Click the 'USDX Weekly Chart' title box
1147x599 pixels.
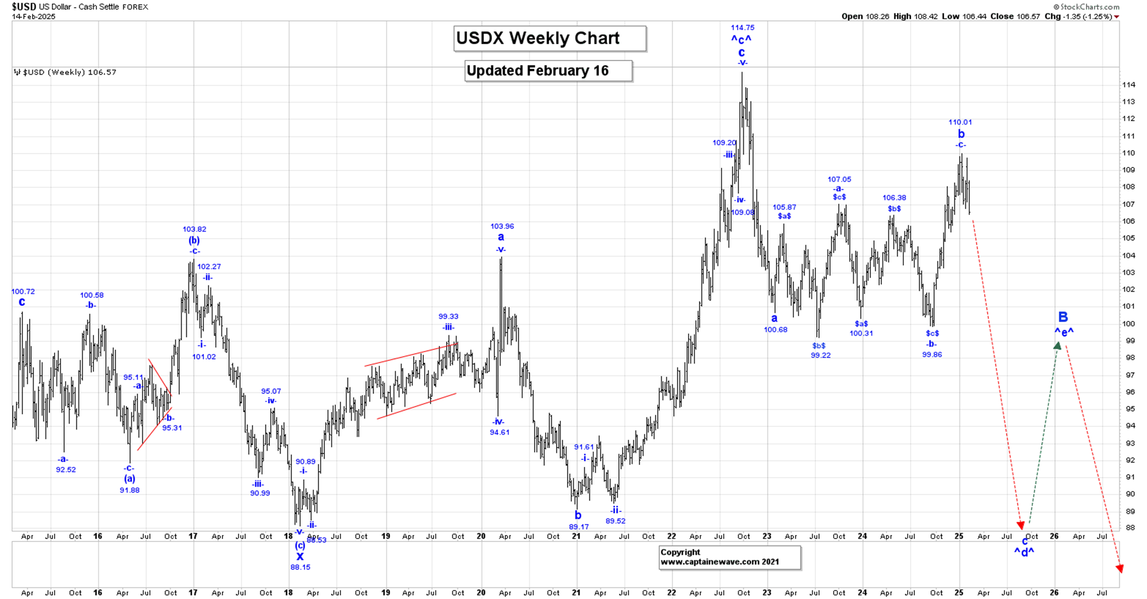pos(549,39)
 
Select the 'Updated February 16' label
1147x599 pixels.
pos(548,71)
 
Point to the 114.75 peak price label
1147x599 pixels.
pos(742,28)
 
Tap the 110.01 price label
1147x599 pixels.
pos(960,122)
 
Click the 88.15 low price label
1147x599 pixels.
pos(300,567)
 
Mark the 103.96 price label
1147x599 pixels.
pos(502,226)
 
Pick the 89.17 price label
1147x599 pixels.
pos(578,526)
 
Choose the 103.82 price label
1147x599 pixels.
pos(194,229)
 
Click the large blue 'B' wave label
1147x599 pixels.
pos(1063,317)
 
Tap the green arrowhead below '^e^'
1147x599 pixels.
pos(1057,346)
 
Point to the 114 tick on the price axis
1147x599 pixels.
pos(1128,85)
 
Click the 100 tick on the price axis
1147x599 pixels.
pos(1128,324)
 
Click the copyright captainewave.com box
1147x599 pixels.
pos(729,557)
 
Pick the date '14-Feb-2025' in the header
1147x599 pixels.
pos(33,17)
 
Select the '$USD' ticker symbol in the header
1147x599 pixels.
pos(24,7)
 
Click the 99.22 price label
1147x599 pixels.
pos(820,355)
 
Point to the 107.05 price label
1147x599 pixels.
pos(839,179)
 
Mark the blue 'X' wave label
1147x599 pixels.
pos(300,556)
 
